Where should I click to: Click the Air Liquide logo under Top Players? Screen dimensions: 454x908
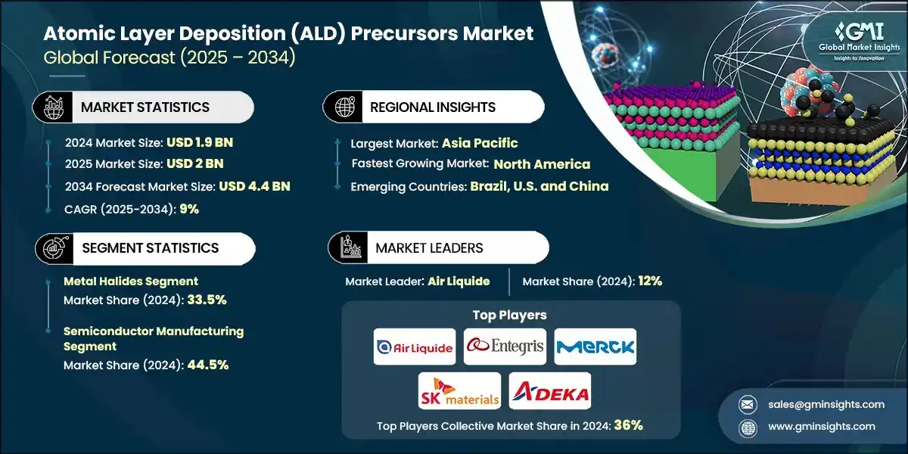point(415,347)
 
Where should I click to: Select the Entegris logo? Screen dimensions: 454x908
point(505,347)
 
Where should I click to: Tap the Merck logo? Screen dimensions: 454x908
point(595,347)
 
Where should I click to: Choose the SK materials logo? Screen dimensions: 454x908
point(459,390)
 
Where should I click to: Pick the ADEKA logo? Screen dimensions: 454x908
point(549,390)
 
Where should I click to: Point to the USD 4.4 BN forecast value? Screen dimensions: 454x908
point(254,186)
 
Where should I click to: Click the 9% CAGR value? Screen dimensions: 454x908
point(189,209)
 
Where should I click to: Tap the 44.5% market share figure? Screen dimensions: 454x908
point(206,365)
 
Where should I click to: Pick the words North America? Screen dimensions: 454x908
point(542,164)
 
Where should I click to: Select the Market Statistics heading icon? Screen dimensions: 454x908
point(54,107)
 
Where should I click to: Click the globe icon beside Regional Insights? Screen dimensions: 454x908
point(345,107)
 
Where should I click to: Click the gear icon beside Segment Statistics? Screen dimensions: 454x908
point(54,248)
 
